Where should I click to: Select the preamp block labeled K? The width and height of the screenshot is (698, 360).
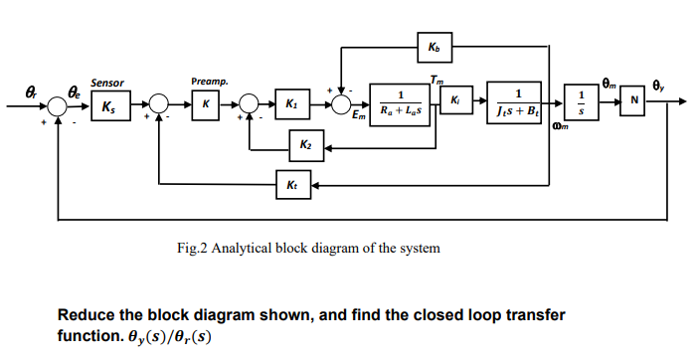point(205,102)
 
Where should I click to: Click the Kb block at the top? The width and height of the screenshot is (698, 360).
point(435,47)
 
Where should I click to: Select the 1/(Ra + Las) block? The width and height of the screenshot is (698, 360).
point(400,102)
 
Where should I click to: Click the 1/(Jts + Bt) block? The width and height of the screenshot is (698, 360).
point(514,102)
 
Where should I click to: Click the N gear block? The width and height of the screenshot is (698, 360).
point(632,102)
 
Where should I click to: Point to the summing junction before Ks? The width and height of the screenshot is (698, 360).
point(59,102)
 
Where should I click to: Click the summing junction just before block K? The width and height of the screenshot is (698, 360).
point(158,102)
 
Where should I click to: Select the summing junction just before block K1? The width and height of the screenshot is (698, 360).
point(249,102)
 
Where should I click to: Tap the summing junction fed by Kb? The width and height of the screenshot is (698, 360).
point(341,102)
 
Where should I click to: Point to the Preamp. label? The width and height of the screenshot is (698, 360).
point(209,81)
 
